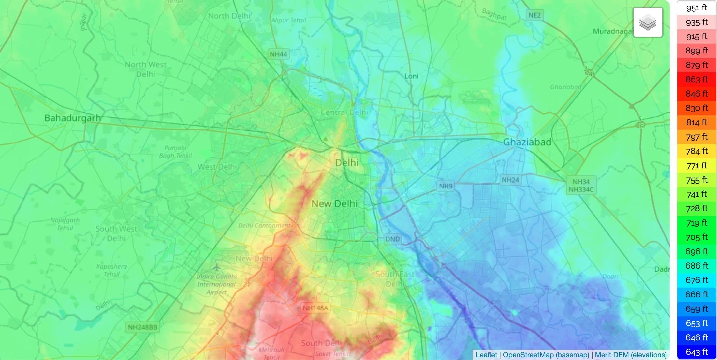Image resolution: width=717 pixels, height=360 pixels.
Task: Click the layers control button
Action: tap(648, 22)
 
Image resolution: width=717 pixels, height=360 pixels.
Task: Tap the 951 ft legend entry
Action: tap(696, 7)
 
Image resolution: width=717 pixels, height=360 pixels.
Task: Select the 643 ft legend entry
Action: tap(696, 352)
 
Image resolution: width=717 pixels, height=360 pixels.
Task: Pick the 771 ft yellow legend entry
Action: tap(696, 166)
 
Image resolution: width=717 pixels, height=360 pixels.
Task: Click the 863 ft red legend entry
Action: tap(696, 79)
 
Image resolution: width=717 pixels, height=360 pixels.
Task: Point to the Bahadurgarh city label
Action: tap(72, 118)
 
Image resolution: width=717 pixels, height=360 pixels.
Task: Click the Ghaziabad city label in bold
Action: tap(527, 142)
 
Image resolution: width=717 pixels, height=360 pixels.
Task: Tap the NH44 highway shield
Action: tap(278, 54)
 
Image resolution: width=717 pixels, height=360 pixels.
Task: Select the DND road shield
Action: tap(392, 239)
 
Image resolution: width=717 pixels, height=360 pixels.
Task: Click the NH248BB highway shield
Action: tap(142, 327)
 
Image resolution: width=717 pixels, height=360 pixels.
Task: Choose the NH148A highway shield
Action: tap(315, 308)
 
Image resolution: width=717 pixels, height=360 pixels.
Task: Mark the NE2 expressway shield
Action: tap(534, 15)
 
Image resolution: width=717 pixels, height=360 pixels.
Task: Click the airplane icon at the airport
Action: tap(217, 267)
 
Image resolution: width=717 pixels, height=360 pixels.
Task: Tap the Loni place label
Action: tap(411, 76)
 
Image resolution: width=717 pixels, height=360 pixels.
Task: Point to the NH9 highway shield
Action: tap(446, 186)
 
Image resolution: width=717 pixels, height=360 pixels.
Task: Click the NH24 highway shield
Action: tap(510, 180)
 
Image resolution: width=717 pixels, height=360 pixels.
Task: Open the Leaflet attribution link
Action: tap(486, 355)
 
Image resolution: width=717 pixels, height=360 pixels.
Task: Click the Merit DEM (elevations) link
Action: tap(631, 355)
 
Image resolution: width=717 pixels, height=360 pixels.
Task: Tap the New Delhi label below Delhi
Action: tap(334, 204)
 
